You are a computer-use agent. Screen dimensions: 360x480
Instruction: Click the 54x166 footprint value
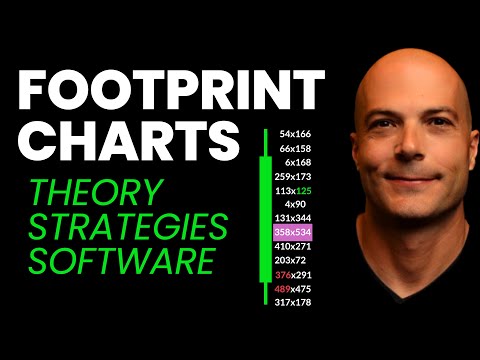coord(296,133)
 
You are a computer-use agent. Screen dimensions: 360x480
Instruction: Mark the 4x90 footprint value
coord(296,203)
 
